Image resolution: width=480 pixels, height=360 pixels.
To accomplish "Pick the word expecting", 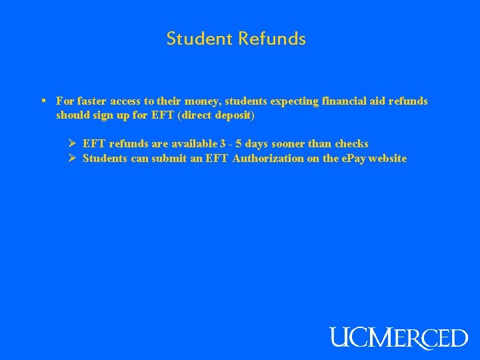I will coord(295,101).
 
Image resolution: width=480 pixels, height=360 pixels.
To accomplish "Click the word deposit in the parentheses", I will coord(233,115).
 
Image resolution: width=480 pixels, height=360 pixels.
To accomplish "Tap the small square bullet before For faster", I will coord(43,101).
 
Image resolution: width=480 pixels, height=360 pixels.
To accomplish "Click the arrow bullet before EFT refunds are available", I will coord(73,143).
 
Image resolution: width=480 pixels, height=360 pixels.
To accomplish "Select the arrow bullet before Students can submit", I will coord(73,159).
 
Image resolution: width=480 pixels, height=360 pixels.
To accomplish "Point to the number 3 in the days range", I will coord(223,144).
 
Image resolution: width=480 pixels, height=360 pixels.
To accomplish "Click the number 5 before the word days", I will coord(239,144).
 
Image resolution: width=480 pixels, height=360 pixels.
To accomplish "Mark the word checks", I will coord(351,144).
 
